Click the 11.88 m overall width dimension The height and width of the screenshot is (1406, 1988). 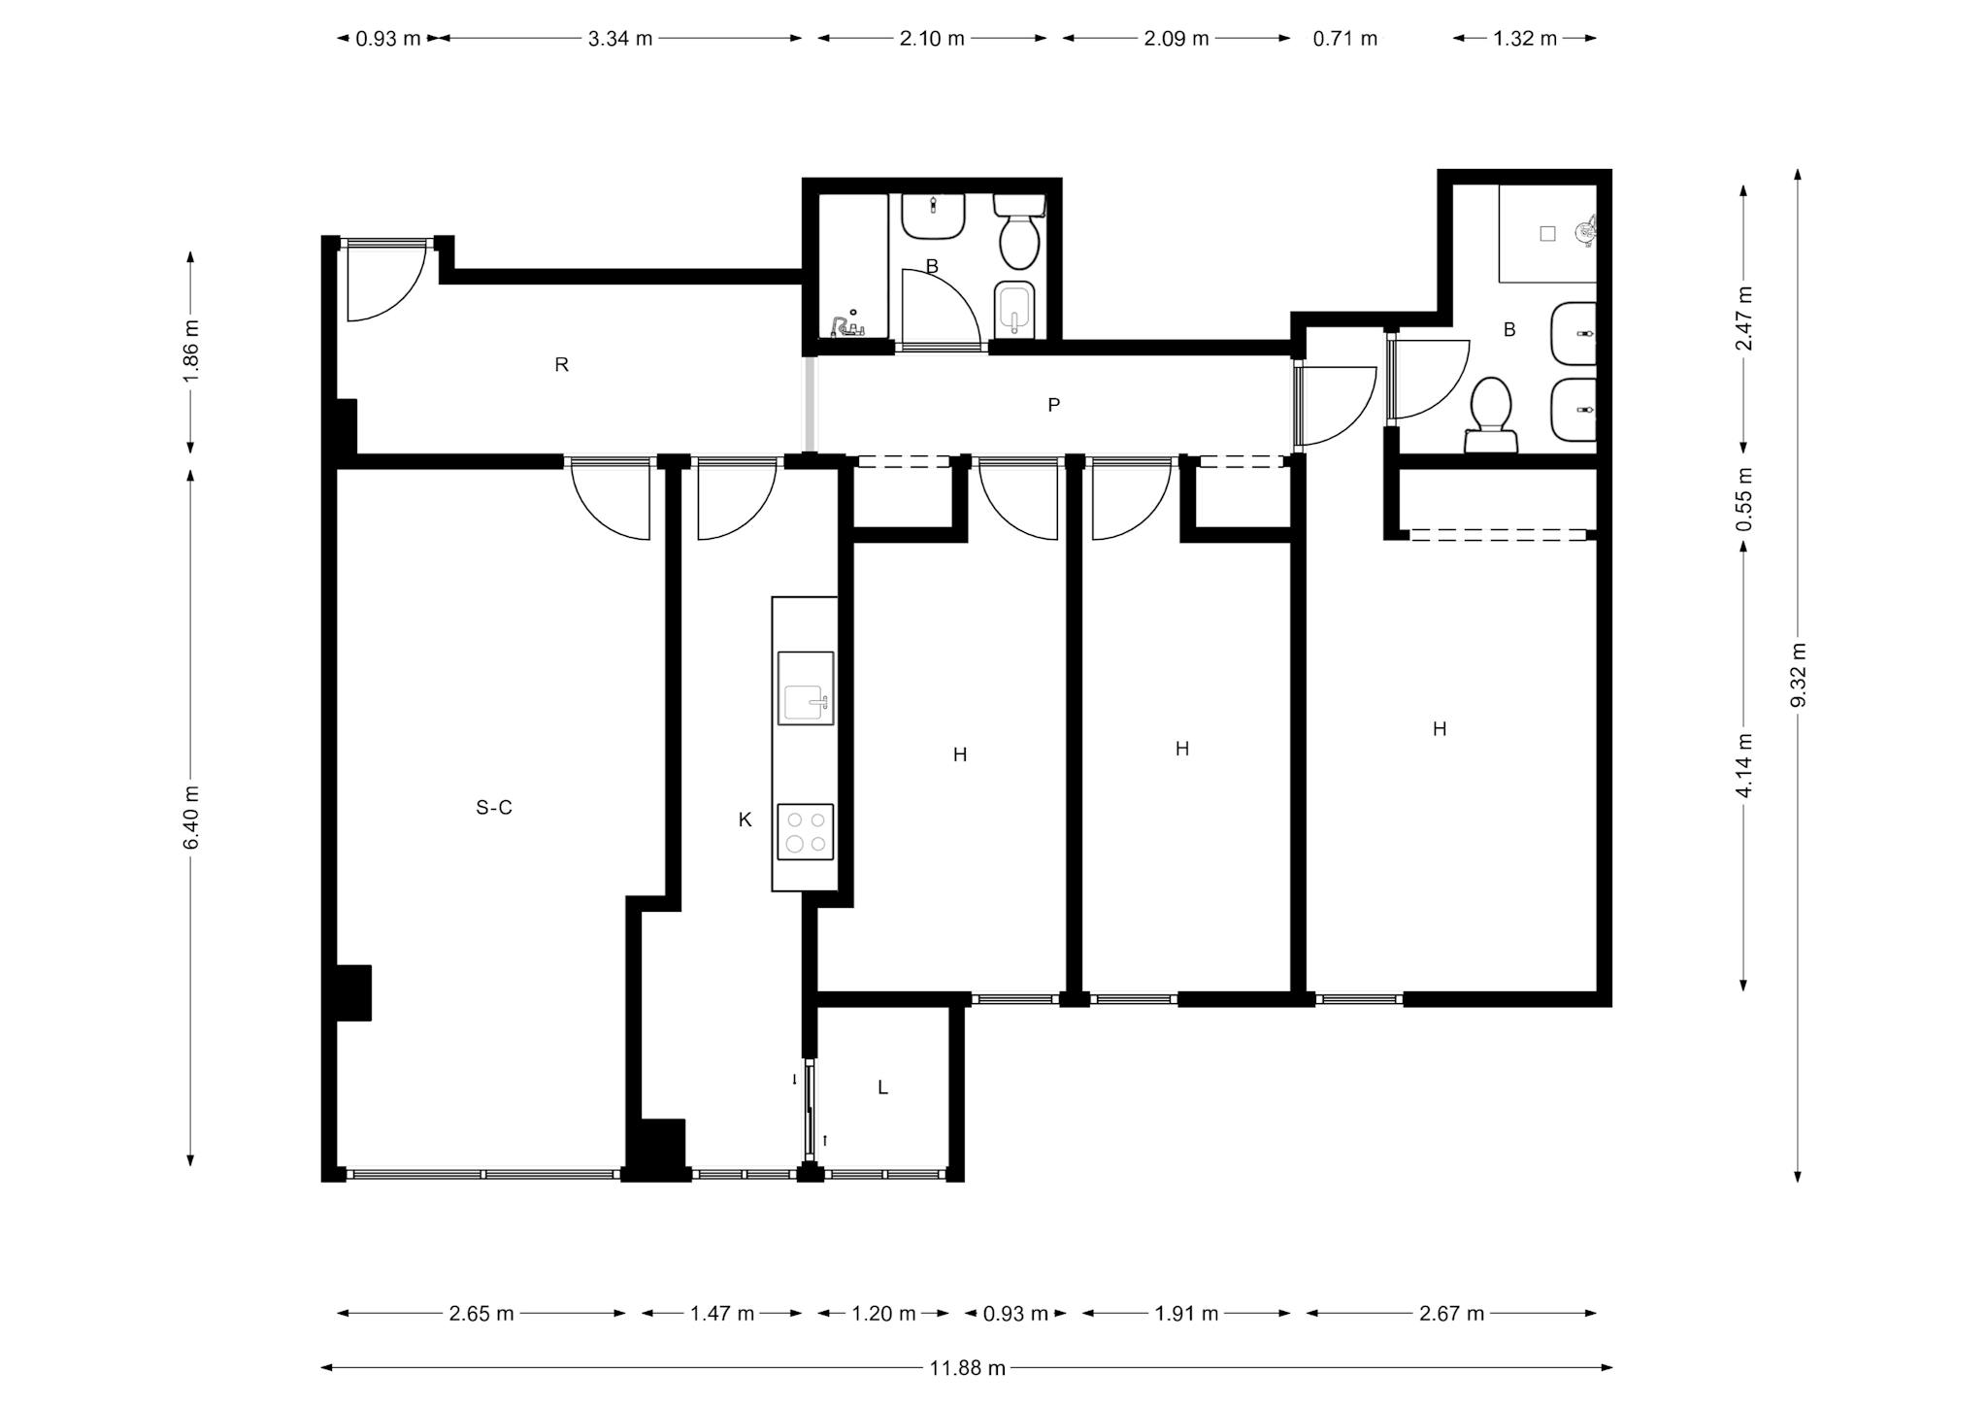pyautogui.click(x=968, y=1368)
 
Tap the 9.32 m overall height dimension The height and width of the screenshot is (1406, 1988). pyautogui.click(x=1798, y=675)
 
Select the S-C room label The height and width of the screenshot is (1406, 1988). pyautogui.click(x=494, y=807)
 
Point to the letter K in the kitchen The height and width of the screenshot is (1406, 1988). pyautogui.click(x=745, y=820)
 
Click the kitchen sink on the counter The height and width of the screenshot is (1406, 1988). pyautogui.click(x=805, y=688)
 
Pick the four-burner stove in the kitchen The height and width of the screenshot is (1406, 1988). pyautogui.click(x=805, y=831)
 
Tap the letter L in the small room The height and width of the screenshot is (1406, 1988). pyautogui.click(x=882, y=1088)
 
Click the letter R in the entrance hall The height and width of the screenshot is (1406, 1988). pyautogui.click(x=561, y=364)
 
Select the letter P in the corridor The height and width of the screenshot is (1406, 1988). pyautogui.click(x=1053, y=405)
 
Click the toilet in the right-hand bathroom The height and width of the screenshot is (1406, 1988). pyautogui.click(x=1491, y=416)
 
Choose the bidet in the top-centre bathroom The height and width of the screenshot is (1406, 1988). pyautogui.click(x=1015, y=309)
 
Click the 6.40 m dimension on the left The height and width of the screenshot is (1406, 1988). pyautogui.click(x=190, y=817)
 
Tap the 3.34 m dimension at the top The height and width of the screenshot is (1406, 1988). pyautogui.click(x=620, y=39)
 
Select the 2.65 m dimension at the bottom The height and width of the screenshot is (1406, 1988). pyautogui.click(x=481, y=1314)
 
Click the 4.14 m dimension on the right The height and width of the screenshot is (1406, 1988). pyautogui.click(x=1744, y=765)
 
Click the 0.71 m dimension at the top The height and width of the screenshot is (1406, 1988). pyautogui.click(x=1345, y=39)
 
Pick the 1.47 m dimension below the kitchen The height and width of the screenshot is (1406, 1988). pyautogui.click(x=722, y=1314)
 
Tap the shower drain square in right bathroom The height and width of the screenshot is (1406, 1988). pyautogui.click(x=1547, y=233)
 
